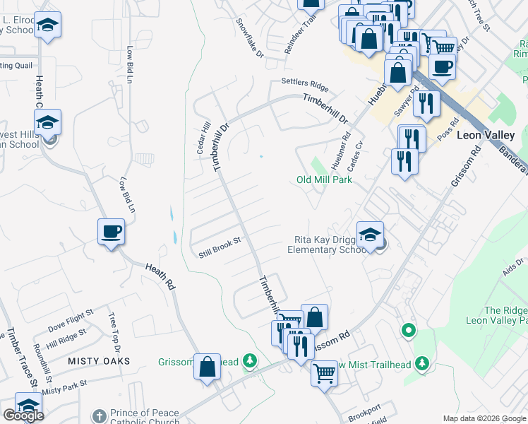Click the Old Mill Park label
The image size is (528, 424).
click(324, 179)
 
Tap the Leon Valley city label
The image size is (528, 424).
click(486, 134)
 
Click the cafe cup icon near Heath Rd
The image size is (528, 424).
click(111, 231)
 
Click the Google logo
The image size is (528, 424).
click(23, 416)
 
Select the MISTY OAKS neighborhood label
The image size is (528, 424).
click(99, 361)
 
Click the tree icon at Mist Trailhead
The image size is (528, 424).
click(422, 363)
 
